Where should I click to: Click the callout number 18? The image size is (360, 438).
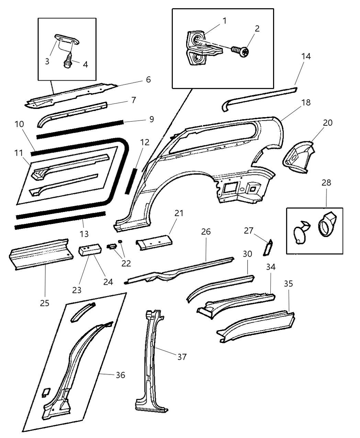click(x=306, y=102)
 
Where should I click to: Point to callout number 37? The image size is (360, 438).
click(x=182, y=357)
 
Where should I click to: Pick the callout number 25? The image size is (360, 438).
click(x=45, y=303)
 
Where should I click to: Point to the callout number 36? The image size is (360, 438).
click(x=120, y=375)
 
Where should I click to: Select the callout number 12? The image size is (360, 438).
click(x=145, y=142)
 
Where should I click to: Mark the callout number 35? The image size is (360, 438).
click(x=288, y=284)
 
